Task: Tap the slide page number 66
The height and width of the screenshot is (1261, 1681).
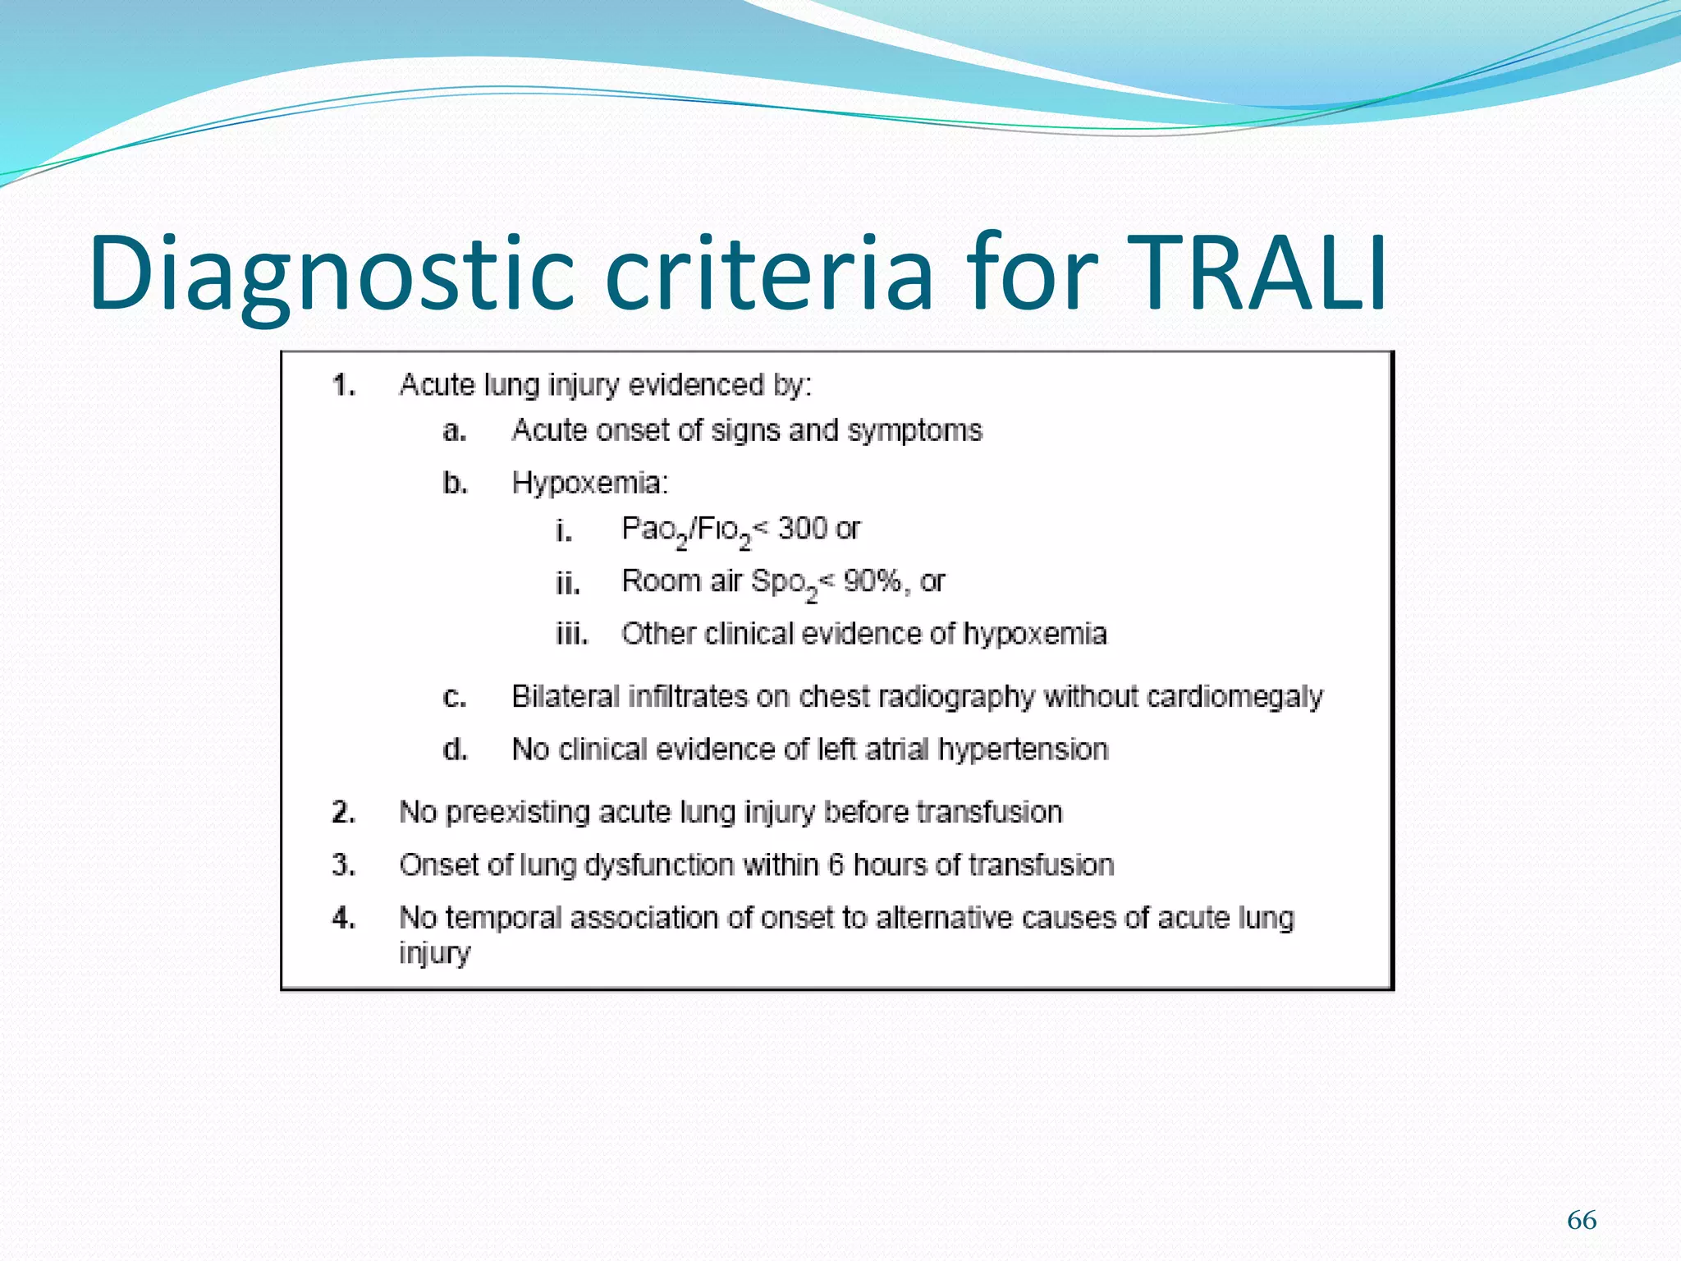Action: [x=1581, y=1220]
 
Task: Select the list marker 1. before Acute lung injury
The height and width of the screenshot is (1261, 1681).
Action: [x=344, y=385]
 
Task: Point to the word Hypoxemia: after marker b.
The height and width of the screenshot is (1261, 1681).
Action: [x=589, y=483]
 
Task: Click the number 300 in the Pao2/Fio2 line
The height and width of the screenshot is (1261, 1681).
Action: [x=802, y=528]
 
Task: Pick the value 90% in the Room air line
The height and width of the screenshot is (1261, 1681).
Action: [x=872, y=581]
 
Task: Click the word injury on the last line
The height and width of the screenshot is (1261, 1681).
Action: [x=434, y=954]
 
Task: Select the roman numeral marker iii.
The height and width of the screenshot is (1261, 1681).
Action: [x=571, y=635]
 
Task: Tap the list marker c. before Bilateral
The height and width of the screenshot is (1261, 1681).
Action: [x=454, y=698]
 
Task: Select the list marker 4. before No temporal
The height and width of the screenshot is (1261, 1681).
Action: [x=344, y=918]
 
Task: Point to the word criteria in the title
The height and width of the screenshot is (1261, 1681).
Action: [x=769, y=273]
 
